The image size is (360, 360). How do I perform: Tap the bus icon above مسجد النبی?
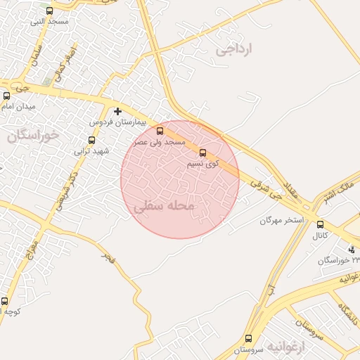[49, 11]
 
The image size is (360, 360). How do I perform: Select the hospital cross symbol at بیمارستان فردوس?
[117, 111]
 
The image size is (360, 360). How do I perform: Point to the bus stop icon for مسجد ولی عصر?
[160, 131]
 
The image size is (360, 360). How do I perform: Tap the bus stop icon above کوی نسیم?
[203, 152]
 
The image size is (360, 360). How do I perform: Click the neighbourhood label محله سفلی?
[162, 206]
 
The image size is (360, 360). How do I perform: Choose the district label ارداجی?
[234, 49]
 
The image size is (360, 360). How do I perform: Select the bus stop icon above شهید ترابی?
[91, 140]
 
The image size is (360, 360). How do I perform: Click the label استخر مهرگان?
[281, 220]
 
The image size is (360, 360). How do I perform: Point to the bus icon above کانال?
[321, 224]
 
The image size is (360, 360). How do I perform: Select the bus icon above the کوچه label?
[5, 301]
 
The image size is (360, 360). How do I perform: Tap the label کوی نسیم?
[202, 163]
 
